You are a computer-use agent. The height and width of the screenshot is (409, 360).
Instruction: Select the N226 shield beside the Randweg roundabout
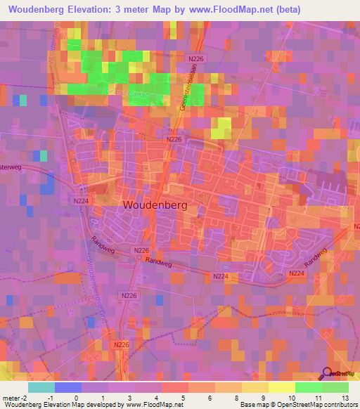click(141, 250)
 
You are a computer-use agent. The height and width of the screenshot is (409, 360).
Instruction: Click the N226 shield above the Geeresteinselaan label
click(195, 60)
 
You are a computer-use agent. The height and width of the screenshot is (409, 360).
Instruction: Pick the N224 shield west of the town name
click(80, 200)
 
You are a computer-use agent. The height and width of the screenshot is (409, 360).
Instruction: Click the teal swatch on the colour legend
click(41, 387)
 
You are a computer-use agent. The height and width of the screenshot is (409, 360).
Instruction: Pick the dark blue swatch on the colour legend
click(67, 387)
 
